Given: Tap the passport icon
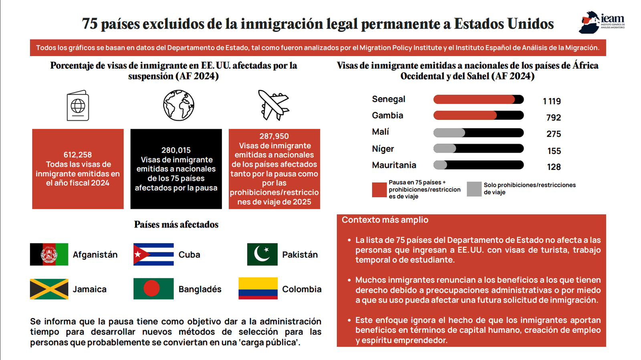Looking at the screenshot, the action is coord(78,105).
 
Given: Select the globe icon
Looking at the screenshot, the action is coord(179,105).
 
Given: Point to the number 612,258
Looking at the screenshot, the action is coord(78,155).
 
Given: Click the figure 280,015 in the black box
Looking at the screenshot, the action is coord(176,150).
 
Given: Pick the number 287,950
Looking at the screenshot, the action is coord(274,136).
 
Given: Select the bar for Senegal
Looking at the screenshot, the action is coord(478,99).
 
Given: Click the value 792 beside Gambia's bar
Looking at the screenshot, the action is coord(554,117).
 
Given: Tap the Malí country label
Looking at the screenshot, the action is coord(380,132).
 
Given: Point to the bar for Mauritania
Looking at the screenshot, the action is coord(478,165).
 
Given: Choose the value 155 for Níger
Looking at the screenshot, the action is coord(554,151).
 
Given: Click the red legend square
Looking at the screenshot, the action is coord(379,190).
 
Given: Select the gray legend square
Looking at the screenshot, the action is coord(474,189).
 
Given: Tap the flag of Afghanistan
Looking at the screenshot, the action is coord(49,254).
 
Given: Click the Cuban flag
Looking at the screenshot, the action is coord(153,254).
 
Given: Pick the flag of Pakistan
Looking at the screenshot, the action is coord(262,254).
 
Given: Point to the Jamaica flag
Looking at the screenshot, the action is coord(49,289).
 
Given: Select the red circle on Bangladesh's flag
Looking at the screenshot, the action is coord(151,288).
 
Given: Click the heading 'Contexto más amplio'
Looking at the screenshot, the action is coord(385,220).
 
